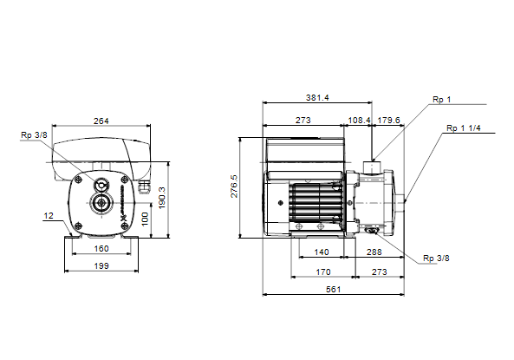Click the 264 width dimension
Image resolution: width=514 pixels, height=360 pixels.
(101, 121)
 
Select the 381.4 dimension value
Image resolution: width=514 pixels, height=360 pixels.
(317, 98)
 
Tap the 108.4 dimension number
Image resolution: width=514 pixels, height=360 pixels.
(359, 120)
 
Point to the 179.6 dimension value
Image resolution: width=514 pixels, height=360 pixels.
(388, 120)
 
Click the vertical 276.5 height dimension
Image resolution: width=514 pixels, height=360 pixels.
(234, 186)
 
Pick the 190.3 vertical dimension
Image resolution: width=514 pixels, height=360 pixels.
(162, 198)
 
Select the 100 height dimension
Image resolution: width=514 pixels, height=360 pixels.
(145, 219)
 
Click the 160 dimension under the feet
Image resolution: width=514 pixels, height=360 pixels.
(101, 249)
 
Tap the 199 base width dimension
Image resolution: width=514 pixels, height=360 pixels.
(101, 265)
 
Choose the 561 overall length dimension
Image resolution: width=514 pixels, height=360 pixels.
(333, 290)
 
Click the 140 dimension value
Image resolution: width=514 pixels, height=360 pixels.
(322, 252)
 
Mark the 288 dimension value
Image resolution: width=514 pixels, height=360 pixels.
(374, 252)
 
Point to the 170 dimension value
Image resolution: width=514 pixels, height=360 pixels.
(323, 272)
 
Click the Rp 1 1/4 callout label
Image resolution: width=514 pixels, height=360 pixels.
(463, 128)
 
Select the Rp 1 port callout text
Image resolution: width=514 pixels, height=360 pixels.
(441, 100)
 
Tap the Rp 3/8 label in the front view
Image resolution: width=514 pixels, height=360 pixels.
(34, 134)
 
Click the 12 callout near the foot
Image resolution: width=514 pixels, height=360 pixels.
(49, 216)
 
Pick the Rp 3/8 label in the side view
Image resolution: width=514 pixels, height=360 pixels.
(436, 259)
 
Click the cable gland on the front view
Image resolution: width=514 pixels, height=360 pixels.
(144, 187)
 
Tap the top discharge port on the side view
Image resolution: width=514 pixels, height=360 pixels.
(373, 167)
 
